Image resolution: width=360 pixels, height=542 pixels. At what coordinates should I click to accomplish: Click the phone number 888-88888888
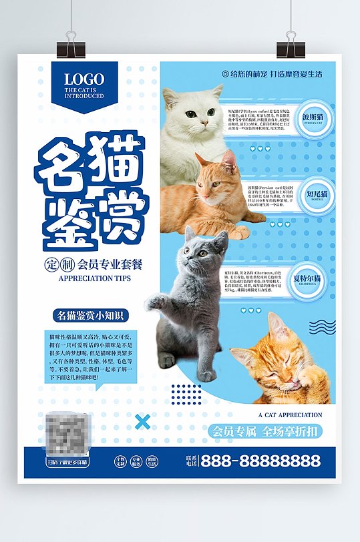pos(260,461)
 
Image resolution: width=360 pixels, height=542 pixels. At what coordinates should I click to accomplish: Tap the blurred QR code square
pos(67,434)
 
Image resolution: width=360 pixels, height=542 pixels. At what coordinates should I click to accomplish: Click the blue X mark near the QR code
pos(142,422)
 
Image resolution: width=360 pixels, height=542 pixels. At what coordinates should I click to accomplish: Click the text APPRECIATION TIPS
pos(95,278)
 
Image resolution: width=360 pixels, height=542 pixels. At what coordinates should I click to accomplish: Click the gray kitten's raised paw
pos(155,302)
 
